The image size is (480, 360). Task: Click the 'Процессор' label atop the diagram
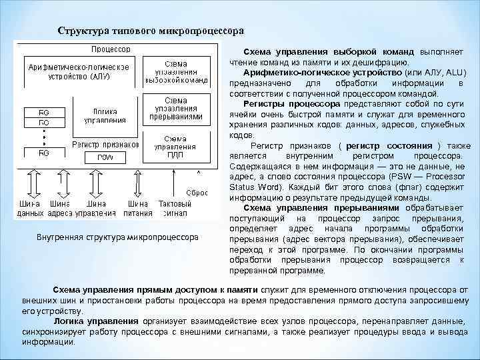111,49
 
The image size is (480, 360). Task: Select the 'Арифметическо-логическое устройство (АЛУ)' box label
79,71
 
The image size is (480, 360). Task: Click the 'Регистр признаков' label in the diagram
105,144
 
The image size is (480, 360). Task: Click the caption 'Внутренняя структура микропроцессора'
117,237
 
